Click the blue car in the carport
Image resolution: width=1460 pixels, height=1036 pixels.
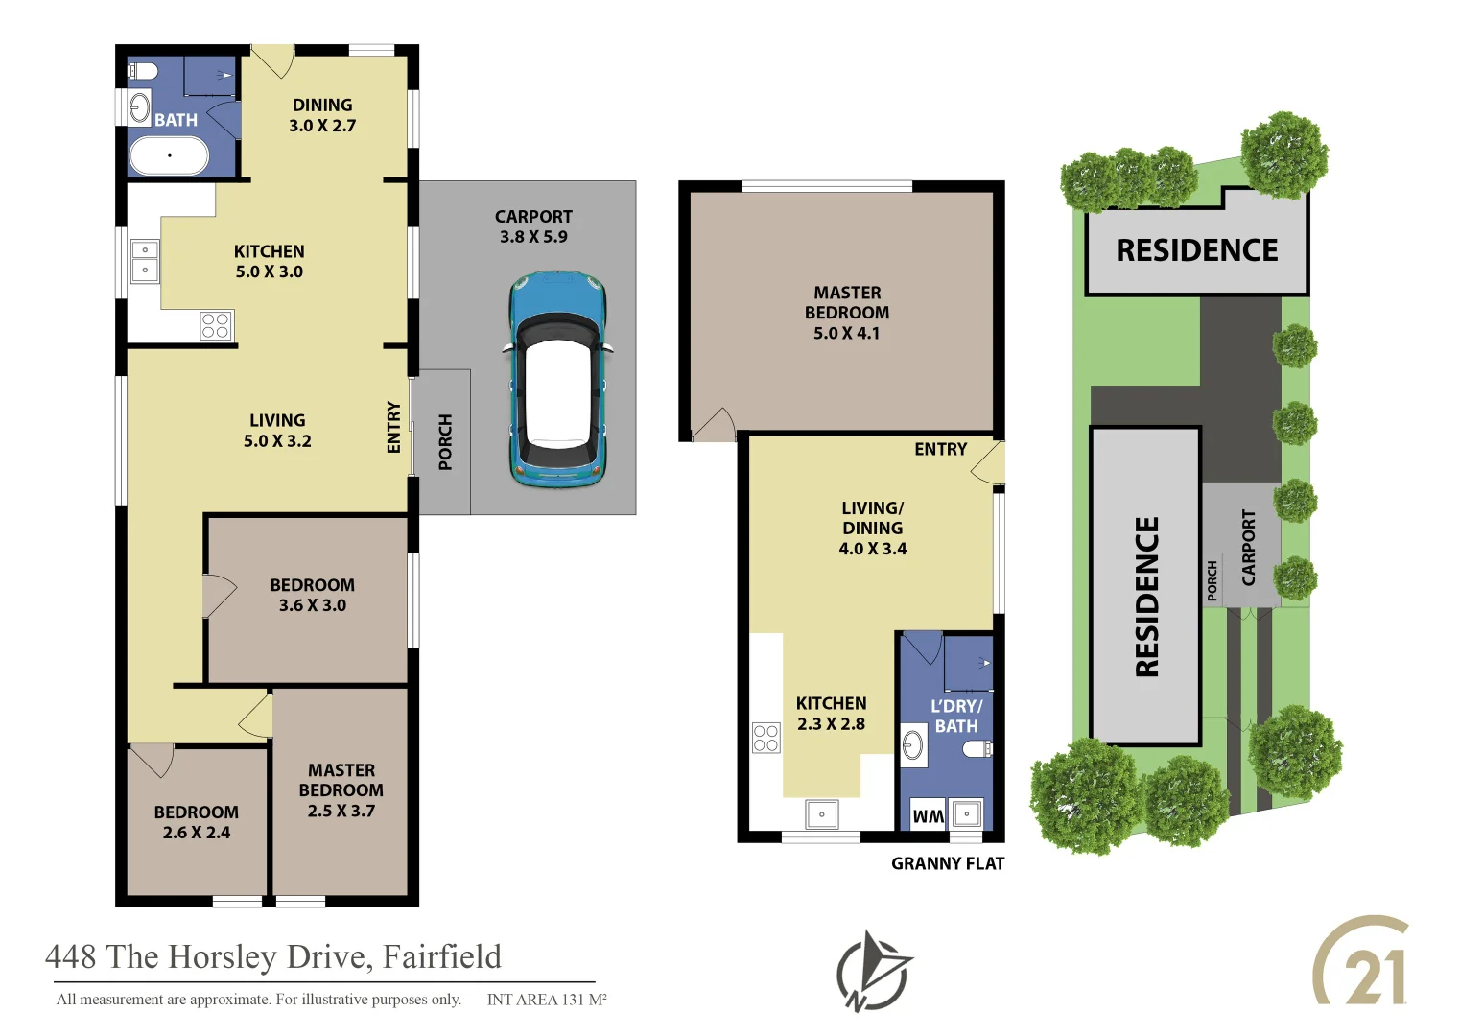tap(557, 380)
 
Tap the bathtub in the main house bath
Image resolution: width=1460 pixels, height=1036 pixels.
tap(169, 154)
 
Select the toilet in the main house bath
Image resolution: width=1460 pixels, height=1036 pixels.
tap(144, 71)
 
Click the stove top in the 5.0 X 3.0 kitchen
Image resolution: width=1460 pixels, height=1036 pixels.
tap(216, 325)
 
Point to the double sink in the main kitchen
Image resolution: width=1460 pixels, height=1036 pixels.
tap(145, 260)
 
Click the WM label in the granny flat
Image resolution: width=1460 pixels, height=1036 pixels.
tap(928, 815)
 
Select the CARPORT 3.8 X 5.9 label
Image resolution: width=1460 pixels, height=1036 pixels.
tap(533, 226)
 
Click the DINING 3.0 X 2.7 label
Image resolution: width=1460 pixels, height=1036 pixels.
tap(322, 115)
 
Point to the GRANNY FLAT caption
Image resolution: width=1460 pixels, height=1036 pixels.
tap(947, 863)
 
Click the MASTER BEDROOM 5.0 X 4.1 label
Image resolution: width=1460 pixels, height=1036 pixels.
tap(846, 313)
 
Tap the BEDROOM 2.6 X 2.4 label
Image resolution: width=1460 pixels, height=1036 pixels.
tap(197, 822)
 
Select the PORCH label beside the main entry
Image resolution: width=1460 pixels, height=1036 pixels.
tap(445, 442)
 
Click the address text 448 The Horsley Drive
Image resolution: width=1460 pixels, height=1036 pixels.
tap(273, 956)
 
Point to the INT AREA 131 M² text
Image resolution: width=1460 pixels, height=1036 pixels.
tap(546, 1000)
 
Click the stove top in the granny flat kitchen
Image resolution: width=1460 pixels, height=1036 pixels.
tap(765, 738)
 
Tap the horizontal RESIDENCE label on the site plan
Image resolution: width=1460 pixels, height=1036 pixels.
tap(1196, 250)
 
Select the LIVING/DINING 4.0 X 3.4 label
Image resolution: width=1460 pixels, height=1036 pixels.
tap(872, 529)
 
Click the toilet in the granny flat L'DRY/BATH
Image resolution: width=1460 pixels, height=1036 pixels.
tap(977, 747)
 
